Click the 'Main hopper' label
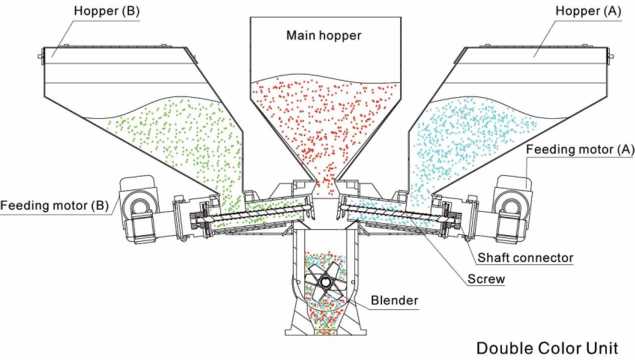click(324, 35)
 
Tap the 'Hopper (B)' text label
click(107, 11)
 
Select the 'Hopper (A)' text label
click(588, 11)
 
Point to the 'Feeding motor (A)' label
click(580, 149)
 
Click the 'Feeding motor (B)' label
click(54, 205)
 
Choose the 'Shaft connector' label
click(525, 258)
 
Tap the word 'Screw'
click(486, 279)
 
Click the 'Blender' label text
click(394, 300)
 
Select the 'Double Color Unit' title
click(547, 348)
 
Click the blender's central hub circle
click(325, 281)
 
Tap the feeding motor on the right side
click(512, 209)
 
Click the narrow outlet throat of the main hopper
click(325, 187)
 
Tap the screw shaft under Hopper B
click(259, 213)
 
